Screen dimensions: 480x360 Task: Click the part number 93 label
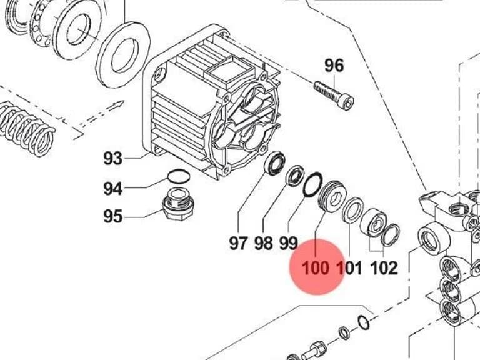click(113, 158)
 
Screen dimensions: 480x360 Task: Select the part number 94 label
click(113, 189)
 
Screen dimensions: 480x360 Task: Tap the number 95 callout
click(113, 216)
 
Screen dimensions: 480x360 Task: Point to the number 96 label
click(334, 66)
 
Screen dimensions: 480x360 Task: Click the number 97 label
click(238, 243)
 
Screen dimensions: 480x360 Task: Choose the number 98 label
click(264, 243)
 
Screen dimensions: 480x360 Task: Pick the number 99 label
click(288, 243)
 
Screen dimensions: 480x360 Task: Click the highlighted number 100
click(316, 268)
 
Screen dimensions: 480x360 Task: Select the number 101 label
click(349, 268)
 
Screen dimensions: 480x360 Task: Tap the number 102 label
click(384, 268)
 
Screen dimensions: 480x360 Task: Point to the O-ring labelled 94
click(179, 177)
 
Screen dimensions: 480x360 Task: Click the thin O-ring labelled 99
click(312, 184)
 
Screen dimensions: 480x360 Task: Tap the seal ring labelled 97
click(275, 163)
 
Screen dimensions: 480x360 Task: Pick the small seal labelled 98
click(295, 176)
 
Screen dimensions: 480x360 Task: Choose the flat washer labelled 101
click(352, 211)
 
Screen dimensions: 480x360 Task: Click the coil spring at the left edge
click(26, 129)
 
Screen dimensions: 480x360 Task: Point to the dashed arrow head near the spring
click(119, 105)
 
